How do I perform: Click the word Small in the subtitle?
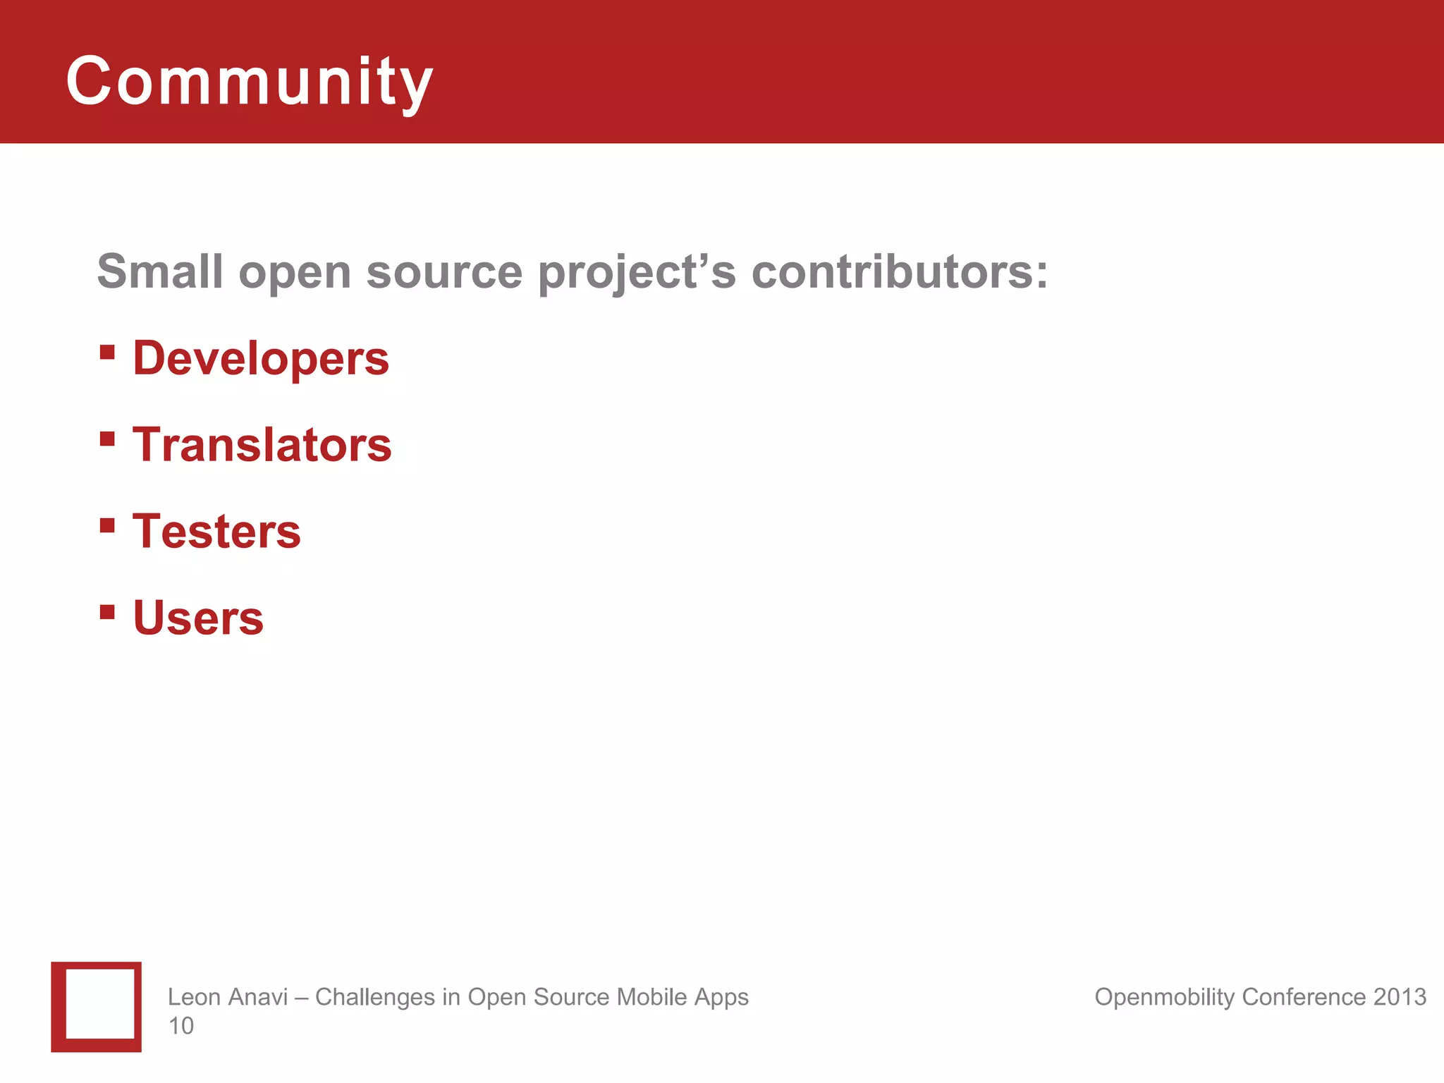tap(159, 271)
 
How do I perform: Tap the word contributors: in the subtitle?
tap(900, 271)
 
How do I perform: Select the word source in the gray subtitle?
tap(444, 273)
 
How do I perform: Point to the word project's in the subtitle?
tap(637, 273)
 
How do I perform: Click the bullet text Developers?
tap(261, 358)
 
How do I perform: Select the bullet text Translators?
tap(262, 445)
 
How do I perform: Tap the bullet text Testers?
tap(216, 531)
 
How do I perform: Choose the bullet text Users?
tap(198, 618)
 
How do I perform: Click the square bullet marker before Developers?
tap(107, 352)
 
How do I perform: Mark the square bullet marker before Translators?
tap(107, 439)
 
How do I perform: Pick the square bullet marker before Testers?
tap(107, 525)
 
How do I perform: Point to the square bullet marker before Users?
tap(107, 611)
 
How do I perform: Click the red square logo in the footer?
tap(97, 1007)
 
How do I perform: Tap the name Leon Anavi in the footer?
tap(228, 997)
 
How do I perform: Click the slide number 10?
tap(180, 1026)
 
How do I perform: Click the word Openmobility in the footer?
tap(1164, 997)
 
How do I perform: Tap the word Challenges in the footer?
tap(375, 997)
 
